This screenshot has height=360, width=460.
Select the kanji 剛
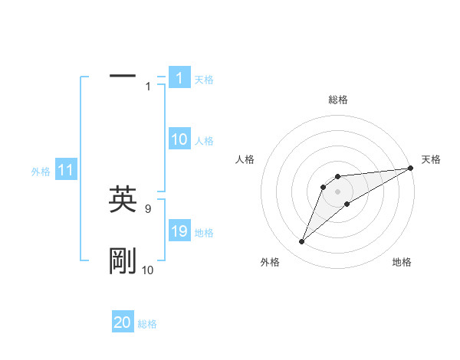[x=123, y=261]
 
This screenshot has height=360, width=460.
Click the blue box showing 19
[x=179, y=231]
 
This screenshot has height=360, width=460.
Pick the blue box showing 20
[x=123, y=322]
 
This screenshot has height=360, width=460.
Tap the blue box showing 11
[x=65, y=170]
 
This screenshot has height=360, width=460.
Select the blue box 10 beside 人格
[x=179, y=139]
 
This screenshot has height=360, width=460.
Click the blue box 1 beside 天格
[x=179, y=77]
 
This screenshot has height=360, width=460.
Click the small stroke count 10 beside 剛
[x=147, y=270]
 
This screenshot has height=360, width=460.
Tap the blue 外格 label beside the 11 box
[x=41, y=172]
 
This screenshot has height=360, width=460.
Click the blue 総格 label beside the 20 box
[x=147, y=324]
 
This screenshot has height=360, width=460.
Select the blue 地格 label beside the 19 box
[x=204, y=233]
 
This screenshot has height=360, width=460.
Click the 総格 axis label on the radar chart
[x=337, y=100]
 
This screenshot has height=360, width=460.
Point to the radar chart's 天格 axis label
[x=431, y=159]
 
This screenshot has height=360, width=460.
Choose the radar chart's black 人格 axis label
[x=245, y=159]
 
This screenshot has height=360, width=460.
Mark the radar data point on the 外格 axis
[x=302, y=242]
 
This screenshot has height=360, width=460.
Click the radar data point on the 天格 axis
[x=410, y=169]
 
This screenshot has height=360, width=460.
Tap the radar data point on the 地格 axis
[x=347, y=203]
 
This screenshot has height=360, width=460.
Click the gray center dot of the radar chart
[x=337, y=191]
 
